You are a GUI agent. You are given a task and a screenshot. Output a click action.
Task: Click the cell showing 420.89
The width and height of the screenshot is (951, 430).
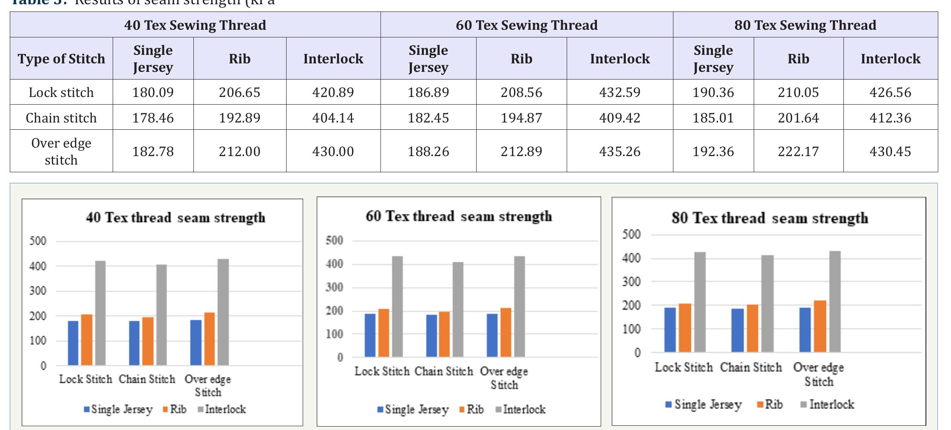click(333, 92)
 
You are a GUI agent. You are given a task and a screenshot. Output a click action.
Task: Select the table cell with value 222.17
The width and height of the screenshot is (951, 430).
click(798, 151)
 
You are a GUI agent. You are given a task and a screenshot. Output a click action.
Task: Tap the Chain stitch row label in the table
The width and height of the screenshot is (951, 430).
click(61, 118)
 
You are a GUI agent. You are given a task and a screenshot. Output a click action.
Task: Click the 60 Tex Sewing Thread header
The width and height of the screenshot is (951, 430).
click(526, 25)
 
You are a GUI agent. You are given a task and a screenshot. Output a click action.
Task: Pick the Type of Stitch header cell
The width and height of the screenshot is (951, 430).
click(61, 59)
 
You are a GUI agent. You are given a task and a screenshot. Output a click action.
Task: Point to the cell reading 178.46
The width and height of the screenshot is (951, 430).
click(153, 118)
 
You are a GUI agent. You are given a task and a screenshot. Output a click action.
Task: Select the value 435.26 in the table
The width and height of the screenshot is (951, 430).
click(619, 151)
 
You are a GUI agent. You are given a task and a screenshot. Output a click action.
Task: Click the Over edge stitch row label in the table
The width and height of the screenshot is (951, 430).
click(61, 151)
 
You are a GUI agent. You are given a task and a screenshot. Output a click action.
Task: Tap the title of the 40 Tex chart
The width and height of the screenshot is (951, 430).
click(176, 218)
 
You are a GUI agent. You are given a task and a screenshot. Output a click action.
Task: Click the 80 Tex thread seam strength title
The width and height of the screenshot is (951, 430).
click(769, 218)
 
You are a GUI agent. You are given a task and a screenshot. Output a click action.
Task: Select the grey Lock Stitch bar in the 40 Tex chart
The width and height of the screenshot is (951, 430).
click(100, 313)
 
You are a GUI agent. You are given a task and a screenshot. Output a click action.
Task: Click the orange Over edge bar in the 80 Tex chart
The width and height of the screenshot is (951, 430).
click(820, 326)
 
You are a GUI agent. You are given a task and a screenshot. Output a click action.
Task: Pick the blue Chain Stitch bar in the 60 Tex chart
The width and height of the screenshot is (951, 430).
click(431, 336)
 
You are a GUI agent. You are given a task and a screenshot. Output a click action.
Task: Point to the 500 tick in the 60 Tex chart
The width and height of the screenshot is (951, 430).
click(334, 241)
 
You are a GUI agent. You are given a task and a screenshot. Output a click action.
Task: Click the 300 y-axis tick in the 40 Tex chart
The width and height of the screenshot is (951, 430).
click(37, 291)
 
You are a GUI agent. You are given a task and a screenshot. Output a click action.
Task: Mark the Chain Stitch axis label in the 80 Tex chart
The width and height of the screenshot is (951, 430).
click(751, 367)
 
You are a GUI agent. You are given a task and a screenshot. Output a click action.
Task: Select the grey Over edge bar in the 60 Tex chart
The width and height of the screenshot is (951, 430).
click(520, 306)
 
